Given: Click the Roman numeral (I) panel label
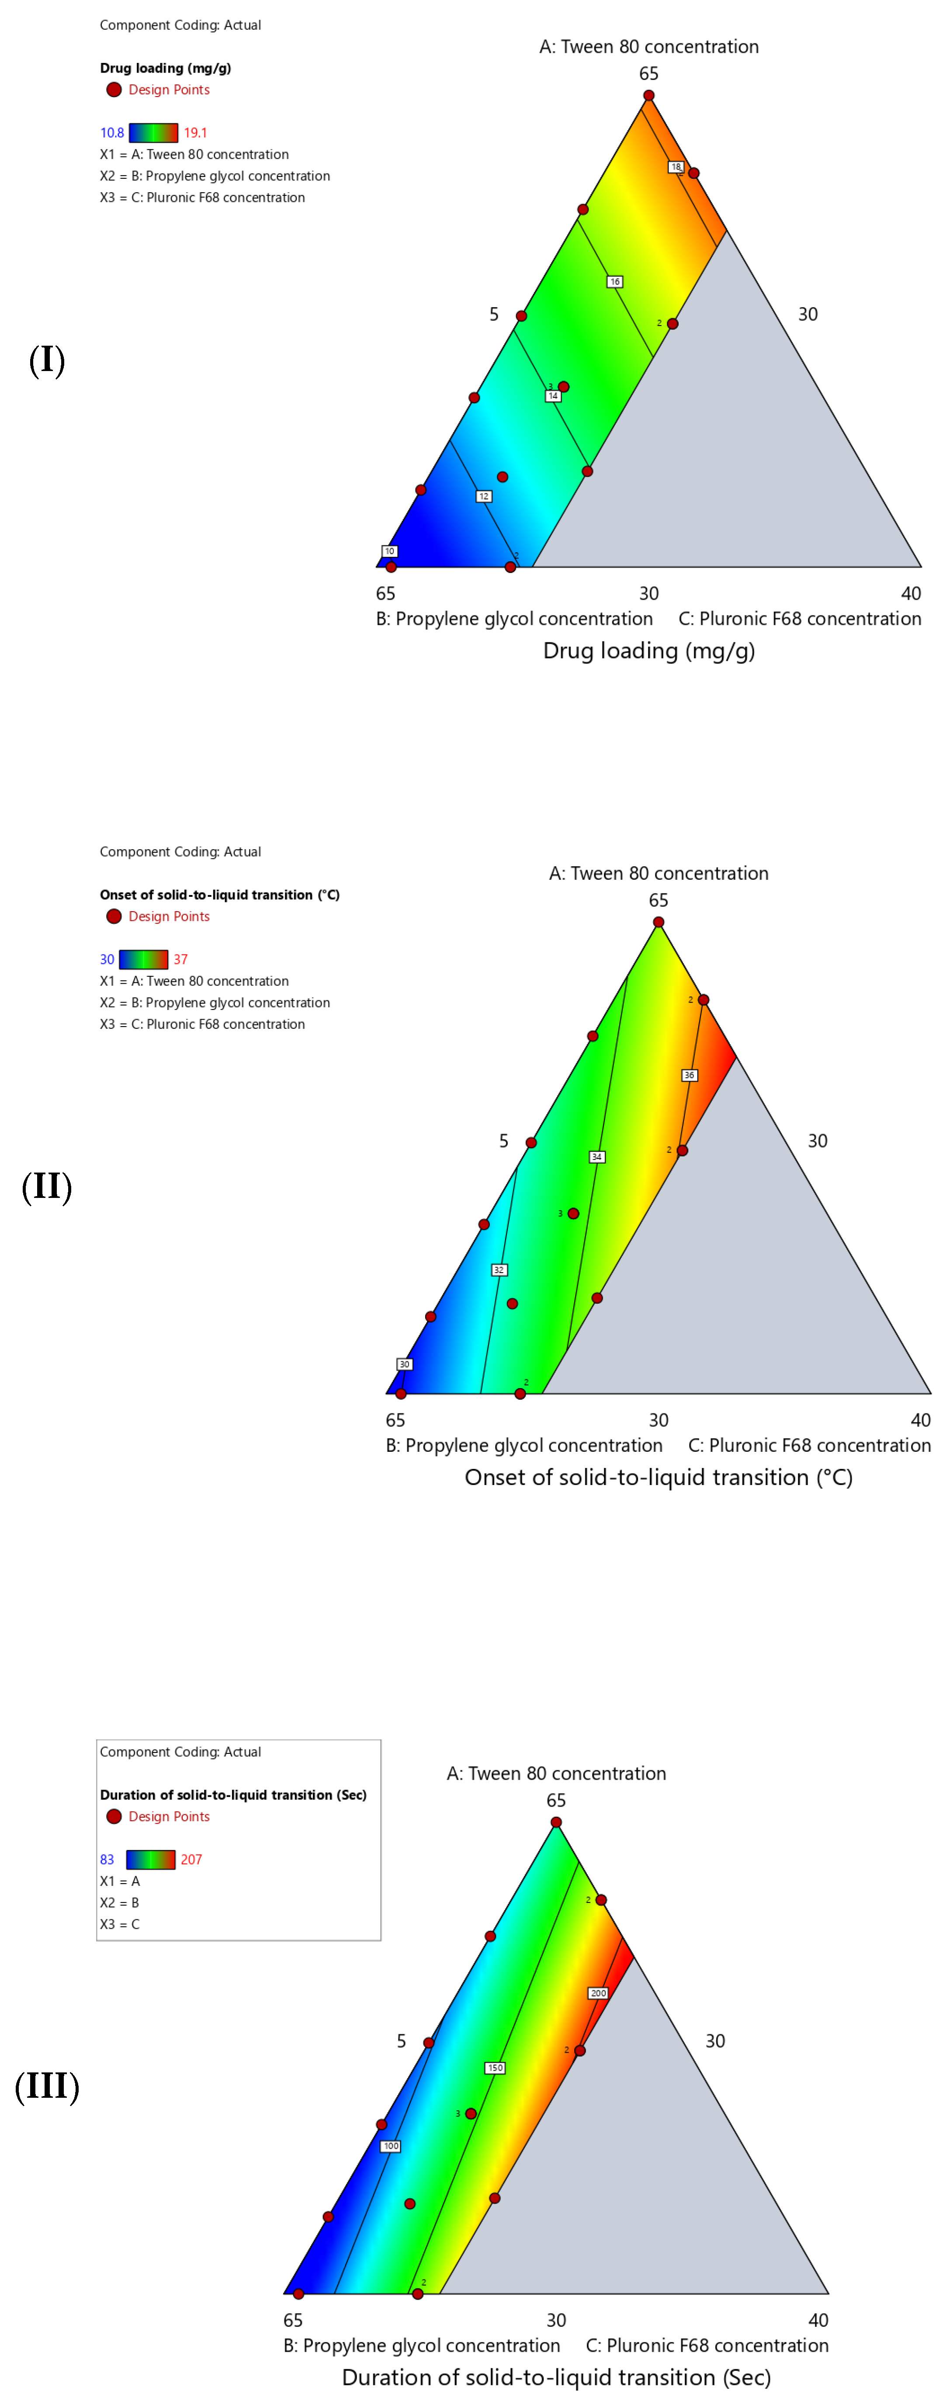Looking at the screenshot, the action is [x=47, y=361].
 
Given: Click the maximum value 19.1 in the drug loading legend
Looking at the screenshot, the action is [x=195, y=132].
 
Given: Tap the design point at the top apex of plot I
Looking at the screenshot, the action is [x=648, y=95].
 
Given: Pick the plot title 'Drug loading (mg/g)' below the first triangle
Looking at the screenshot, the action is [x=648, y=651].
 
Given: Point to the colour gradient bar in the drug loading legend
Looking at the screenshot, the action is [x=153, y=132].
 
